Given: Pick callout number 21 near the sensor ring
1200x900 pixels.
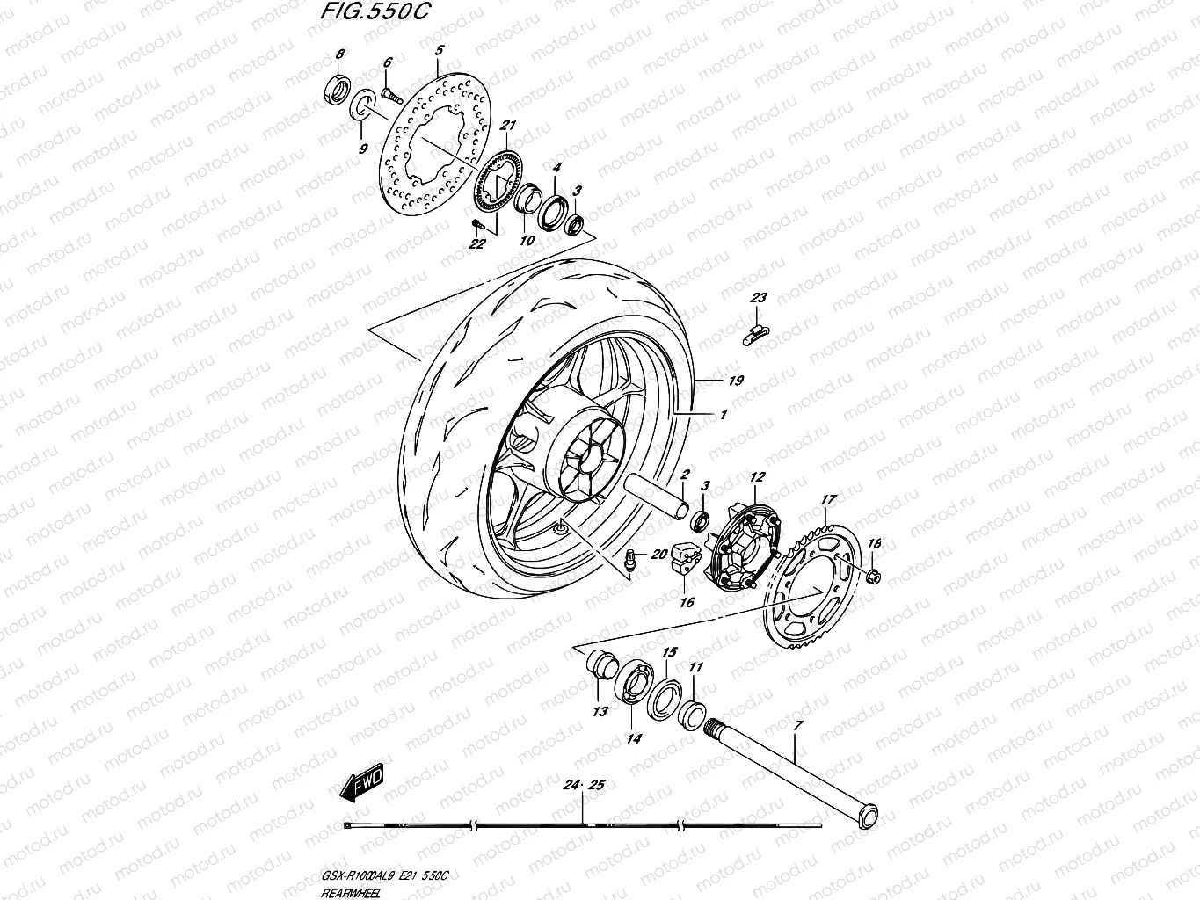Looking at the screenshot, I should pos(507,128).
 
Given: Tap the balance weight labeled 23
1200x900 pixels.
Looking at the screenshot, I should pos(757,330).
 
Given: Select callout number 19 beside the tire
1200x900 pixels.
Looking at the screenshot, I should pos(736,381).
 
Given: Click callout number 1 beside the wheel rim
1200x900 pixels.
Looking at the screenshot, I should pos(723,414).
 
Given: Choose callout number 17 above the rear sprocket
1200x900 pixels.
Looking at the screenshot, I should pos(827,500).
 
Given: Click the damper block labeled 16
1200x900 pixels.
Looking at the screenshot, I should pos(682,560).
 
